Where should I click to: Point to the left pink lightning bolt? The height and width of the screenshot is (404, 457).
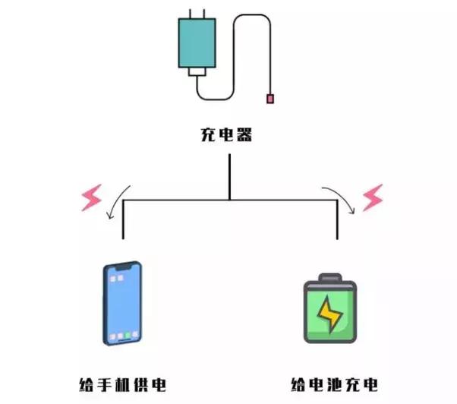pyautogui.click(x=92, y=198)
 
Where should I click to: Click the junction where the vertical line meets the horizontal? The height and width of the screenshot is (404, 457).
pyautogui.click(x=229, y=199)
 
